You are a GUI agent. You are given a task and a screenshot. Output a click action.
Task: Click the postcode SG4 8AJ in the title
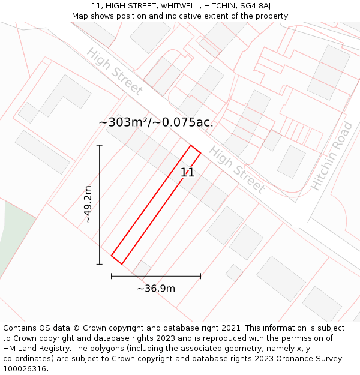(x=255, y=6)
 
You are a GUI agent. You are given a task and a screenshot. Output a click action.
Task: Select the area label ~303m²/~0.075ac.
(x=156, y=122)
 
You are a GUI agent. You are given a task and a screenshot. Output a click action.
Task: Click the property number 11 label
(x=188, y=173)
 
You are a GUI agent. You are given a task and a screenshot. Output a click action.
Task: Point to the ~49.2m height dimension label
(x=88, y=205)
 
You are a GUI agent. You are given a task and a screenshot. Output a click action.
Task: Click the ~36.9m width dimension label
(x=156, y=289)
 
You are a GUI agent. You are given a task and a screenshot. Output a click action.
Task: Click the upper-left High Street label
(x=115, y=71)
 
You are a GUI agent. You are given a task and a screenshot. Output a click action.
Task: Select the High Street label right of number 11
(x=237, y=170)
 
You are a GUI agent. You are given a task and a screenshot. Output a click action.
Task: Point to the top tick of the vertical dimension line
(x=100, y=145)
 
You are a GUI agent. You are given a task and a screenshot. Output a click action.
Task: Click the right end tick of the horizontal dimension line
(x=200, y=276)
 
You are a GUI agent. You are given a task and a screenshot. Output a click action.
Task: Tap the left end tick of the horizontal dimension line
(x=112, y=276)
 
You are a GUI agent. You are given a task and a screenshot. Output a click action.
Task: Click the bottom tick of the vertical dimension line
(x=100, y=264)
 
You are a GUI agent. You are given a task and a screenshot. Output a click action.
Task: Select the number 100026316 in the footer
(x=25, y=369)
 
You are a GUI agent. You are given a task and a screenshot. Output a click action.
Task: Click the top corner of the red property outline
(x=191, y=145)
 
